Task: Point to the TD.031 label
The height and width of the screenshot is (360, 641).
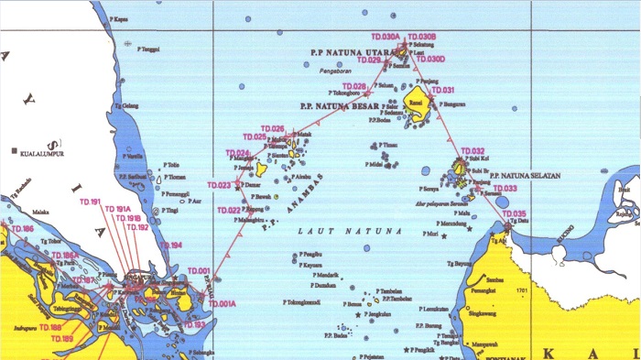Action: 443,90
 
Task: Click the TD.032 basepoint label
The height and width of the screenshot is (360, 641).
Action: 473,151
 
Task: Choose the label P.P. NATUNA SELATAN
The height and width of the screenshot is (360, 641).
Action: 525,175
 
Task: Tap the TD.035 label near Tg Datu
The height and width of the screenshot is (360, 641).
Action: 515,213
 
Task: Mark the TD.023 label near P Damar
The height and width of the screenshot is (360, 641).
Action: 219,185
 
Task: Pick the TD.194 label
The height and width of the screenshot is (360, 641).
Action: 172,245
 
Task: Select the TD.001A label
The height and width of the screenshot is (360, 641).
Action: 223,303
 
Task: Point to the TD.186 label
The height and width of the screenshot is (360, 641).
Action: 22,228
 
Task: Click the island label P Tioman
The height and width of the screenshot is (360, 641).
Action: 178,177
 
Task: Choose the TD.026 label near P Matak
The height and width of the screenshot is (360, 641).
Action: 273,128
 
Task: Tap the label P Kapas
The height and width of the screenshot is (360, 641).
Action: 116,18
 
